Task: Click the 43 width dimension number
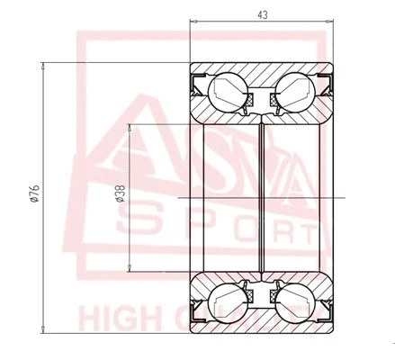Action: click(x=261, y=15)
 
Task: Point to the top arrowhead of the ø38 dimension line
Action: click(x=132, y=125)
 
